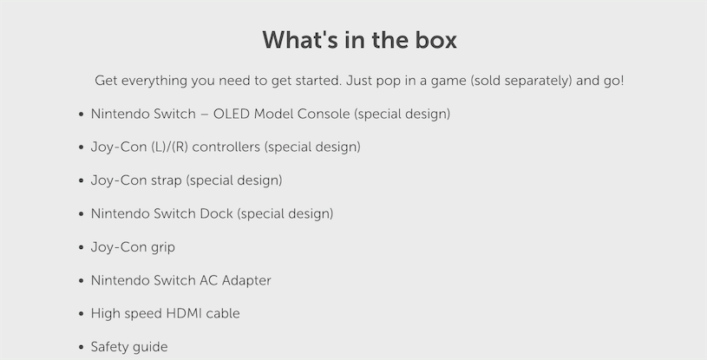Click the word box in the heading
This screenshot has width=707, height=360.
(435, 40)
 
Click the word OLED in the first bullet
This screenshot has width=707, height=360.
(232, 114)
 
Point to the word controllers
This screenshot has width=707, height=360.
(226, 147)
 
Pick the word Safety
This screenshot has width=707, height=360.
(107, 347)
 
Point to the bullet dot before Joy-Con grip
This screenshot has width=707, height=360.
(82, 247)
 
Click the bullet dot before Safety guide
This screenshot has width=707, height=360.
(82, 347)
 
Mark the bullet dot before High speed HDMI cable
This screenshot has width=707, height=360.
(82, 313)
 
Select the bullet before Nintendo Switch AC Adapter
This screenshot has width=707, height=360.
(82, 280)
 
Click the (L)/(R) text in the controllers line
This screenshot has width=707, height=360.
(170, 147)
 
